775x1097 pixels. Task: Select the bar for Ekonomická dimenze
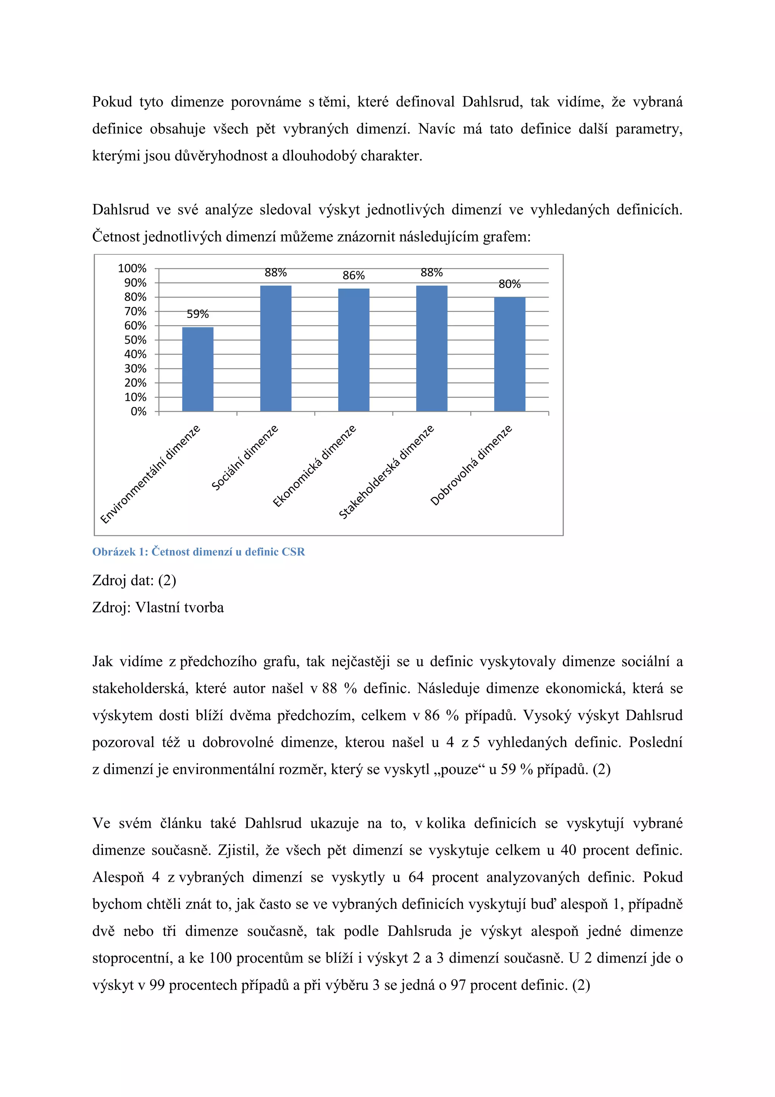[353, 350]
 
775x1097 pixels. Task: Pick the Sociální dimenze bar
[275, 348]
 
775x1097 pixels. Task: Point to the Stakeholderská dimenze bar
[432, 348]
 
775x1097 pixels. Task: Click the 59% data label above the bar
[198, 314]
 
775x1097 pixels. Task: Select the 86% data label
[353, 275]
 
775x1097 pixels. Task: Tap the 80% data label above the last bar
[509, 284]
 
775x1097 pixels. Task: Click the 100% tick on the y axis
[132, 268]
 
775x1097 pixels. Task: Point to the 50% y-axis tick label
[135, 340]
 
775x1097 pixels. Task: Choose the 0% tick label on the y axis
[139, 411]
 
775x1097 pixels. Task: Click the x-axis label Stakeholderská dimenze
[386, 472]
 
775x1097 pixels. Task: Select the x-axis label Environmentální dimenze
[150, 474]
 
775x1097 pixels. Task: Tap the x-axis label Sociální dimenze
[244, 458]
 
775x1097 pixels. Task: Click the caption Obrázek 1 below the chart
[198, 552]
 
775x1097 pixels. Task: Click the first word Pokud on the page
[112, 102]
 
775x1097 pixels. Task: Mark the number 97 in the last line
[458, 985]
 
